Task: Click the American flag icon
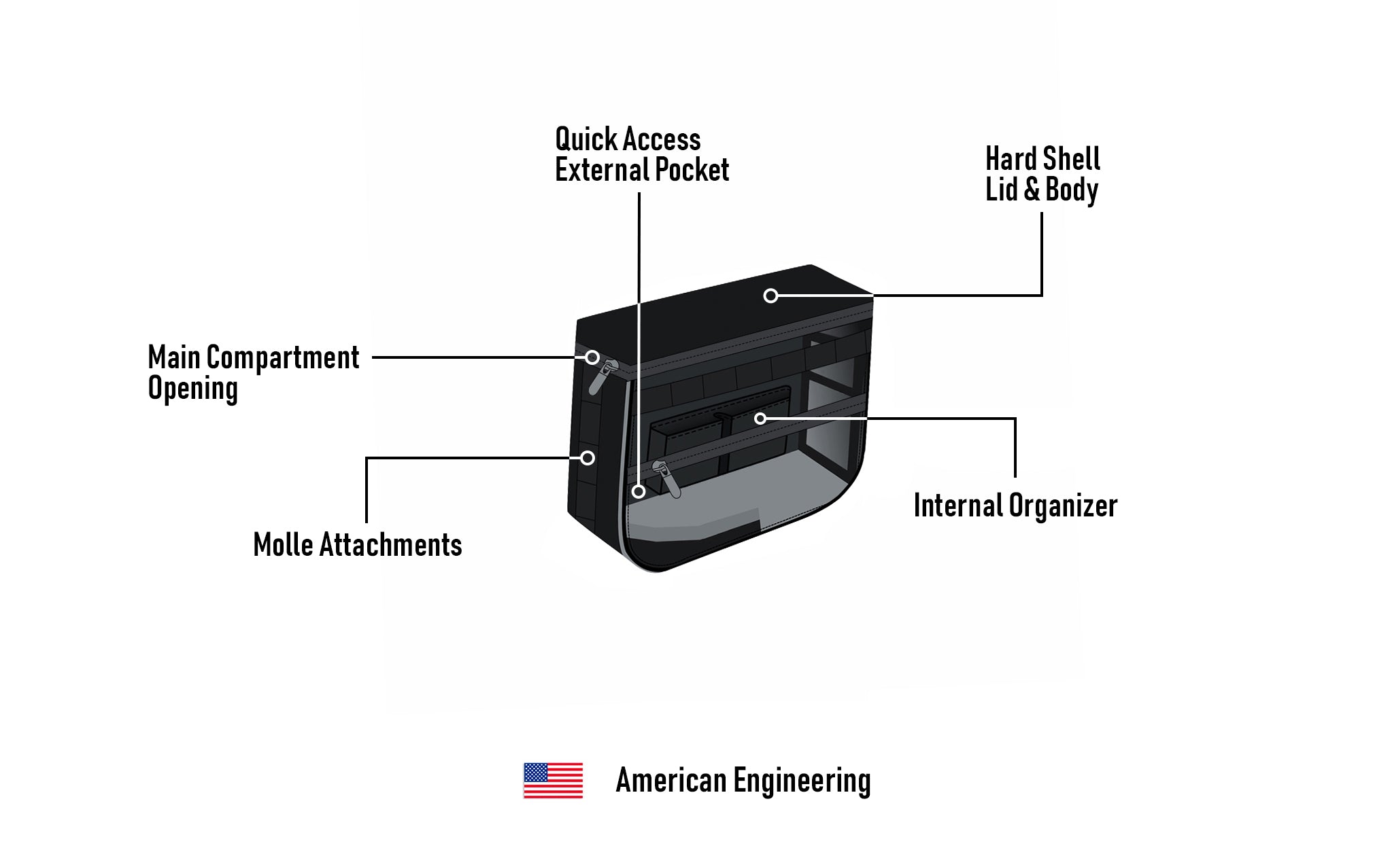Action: (x=553, y=780)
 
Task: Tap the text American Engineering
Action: (x=743, y=781)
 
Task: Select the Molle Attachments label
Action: (x=357, y=545)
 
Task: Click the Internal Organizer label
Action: (x=1015, y=506)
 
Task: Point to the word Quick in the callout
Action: (x=586, y=139)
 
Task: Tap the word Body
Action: (x=1071, y=190)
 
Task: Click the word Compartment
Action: (x=282, y=357)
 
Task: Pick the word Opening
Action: (x=193, y=389)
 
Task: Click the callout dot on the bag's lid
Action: (x=770, y=296)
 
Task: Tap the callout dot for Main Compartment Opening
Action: (x=592, y=357)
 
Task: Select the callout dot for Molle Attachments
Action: (x=588, y=458)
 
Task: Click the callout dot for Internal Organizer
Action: (x=760, y=419)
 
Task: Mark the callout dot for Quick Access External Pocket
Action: (x=639, y=491)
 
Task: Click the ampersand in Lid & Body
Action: (x=1032, y=190)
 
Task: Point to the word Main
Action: (x=174, y=357)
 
